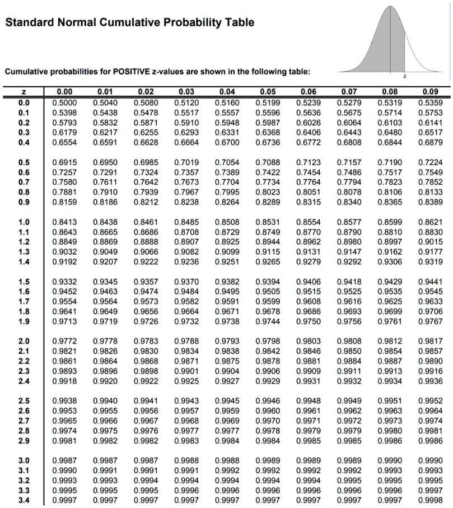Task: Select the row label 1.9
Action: point(24,321)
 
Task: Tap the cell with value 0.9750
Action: point(309,321)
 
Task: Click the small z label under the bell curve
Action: point(405,74)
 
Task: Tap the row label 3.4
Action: point(24,500)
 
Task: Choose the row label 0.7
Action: point(24,182)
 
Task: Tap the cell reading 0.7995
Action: point(227,192)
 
